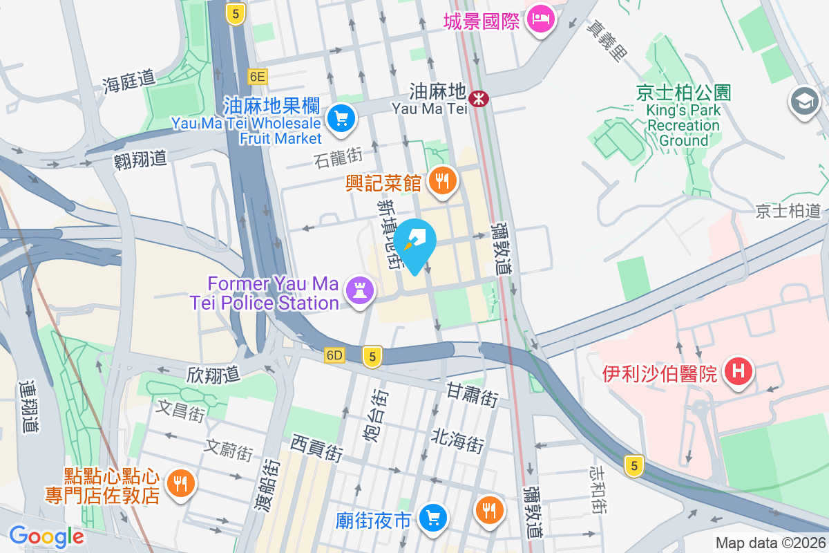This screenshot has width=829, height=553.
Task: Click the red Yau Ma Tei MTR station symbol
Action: click(477, 99)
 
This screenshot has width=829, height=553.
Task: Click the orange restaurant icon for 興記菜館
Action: click(441, 182)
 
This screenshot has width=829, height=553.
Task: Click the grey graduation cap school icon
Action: click(804, 102)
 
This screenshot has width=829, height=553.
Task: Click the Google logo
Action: click(46, 536)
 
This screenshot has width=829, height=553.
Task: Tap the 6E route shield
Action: click(258, 76)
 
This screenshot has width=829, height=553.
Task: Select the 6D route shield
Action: click(334, 355)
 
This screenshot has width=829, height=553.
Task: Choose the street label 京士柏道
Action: click(788, 211)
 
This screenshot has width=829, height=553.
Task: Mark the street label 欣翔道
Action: click(213, 374)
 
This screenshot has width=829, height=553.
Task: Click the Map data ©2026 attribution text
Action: click(770, 543)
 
